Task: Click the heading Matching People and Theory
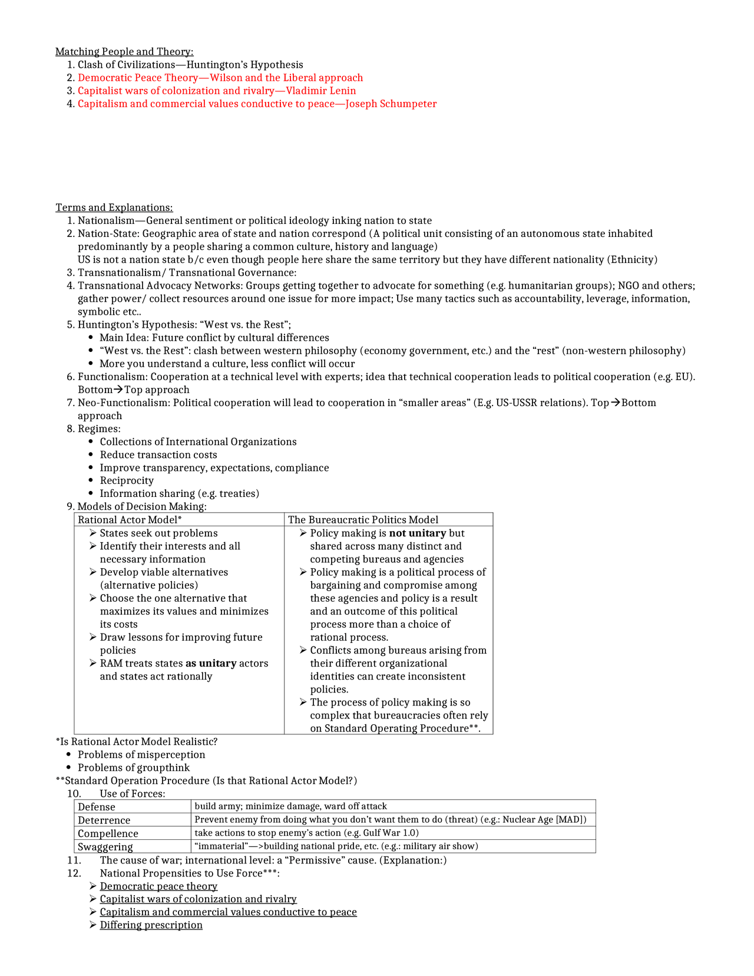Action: pos(124,52)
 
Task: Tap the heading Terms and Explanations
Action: pos(114,207)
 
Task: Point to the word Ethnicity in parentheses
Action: pos(633,259)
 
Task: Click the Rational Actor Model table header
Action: pos(130,520)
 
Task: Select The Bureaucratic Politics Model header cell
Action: pos(363,520)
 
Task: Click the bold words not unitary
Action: pos(418,533)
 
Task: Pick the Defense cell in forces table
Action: pos(97,807)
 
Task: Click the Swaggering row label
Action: pos(105,847)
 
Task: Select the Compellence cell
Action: pos(108,833)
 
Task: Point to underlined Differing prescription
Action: pos(151,925)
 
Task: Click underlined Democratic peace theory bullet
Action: pos(158,886)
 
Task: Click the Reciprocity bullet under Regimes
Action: pos(127,481)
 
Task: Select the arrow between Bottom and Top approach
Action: pos(118,390)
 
